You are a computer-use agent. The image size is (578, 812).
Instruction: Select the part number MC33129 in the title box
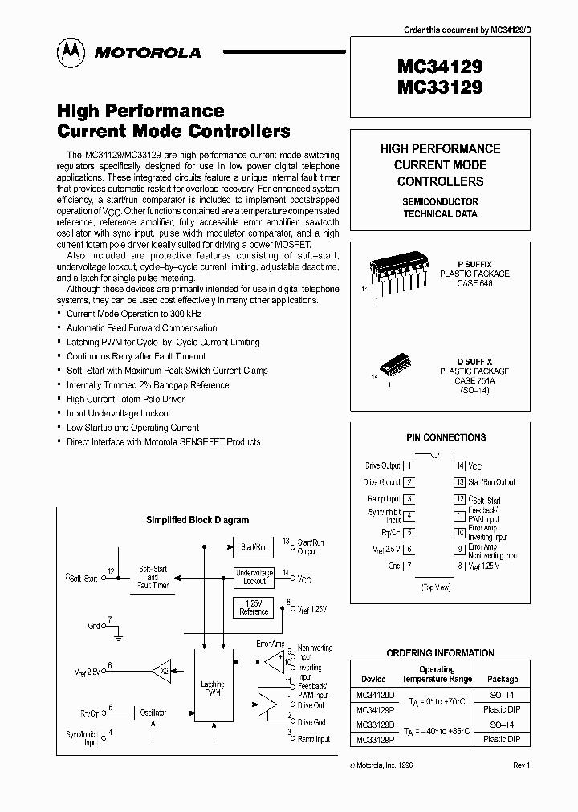[x=440, y=88]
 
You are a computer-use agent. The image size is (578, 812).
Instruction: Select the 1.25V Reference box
[x=254, y=607]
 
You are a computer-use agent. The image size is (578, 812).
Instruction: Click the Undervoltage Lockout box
[x=254, y=576]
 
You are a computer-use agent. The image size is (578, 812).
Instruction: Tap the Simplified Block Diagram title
[x=197, y=520]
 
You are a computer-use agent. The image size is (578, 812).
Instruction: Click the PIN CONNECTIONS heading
[x=446, y=437]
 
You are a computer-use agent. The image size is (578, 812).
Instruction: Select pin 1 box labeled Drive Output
[x=409, y=465]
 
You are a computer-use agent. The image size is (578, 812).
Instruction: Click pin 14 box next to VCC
[x=460, y=465]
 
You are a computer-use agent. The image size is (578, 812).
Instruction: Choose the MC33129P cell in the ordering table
[x=377, y=739]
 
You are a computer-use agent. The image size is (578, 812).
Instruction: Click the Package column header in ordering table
[x=503, y=679]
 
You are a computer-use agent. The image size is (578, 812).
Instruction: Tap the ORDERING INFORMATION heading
[x=441, y=653]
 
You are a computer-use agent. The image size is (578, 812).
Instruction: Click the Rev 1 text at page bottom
[x=522, y=765]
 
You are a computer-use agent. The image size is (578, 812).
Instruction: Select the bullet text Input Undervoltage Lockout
[x=119, y=413]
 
